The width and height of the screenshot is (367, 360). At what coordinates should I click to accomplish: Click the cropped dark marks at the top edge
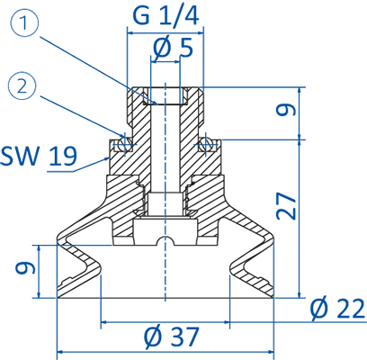[x=165, y=3]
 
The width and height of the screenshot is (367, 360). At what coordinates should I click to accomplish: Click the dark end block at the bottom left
[x=67, y=290]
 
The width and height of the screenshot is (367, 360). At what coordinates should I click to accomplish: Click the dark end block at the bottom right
[x=264, y=290]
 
